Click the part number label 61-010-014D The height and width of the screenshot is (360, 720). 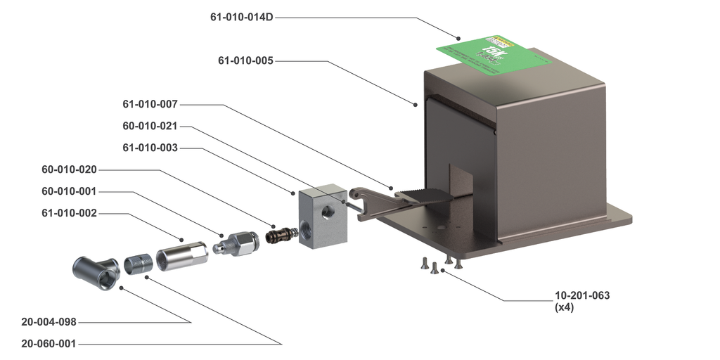[x=241, y=17]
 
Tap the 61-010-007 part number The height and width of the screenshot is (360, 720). [x=150, y=105]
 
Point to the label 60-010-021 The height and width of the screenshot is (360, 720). [x=150, y=127]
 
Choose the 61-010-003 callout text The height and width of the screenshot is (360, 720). [x=150, y=148]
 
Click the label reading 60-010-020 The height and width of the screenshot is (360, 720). [x=69, y=169]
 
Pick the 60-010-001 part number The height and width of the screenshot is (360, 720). [x=69, y=191]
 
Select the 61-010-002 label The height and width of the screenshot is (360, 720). [x=69, y=213]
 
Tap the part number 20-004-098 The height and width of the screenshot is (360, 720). [x=49, y=322]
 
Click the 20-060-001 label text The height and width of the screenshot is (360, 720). [x=49, y=344]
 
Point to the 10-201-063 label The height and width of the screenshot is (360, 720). [x=582, y=295]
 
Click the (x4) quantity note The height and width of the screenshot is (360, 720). [x=565, y=307]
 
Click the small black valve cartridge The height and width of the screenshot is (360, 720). [x=281, y=232]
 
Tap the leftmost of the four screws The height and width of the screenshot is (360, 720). [x=425, y=264]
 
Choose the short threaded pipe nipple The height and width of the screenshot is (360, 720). [x=137, y=264]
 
